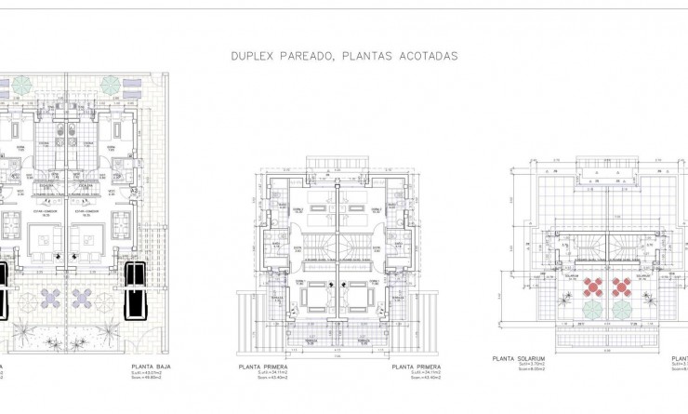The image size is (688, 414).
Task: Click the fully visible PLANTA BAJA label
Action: pos(154,367)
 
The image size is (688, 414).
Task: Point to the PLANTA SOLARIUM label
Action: pos(517,357)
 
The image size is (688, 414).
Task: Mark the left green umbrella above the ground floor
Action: pos(22,85)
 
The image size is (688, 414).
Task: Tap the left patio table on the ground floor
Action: pos(51,298)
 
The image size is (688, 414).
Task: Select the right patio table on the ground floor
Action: pos(84,298)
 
